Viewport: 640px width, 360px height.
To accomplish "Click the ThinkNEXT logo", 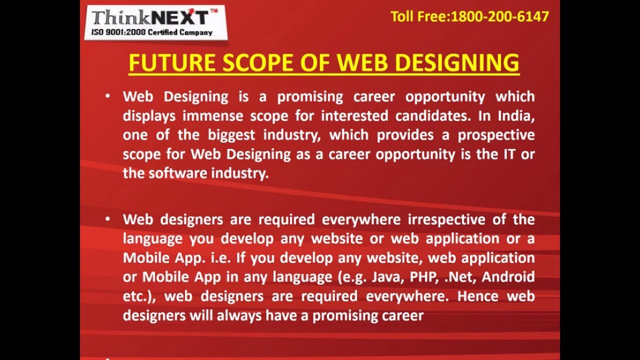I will pos(155,22).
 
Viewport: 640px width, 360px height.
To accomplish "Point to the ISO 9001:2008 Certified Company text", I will pos(151,32).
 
